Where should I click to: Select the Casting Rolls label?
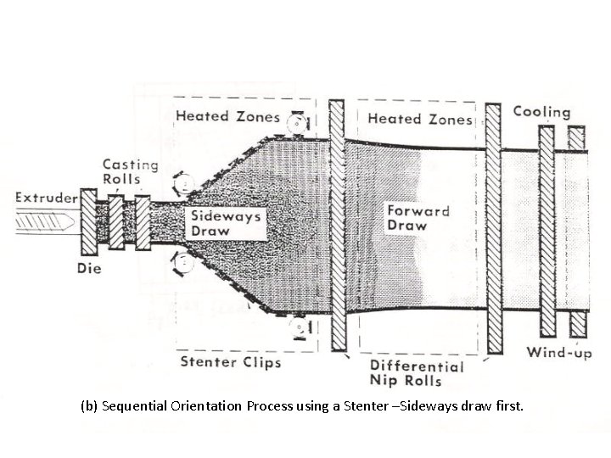click(x=130, y=171)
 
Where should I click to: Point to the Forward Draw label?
click(x=418, y=217)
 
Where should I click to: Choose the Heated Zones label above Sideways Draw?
click(x=227, y=116)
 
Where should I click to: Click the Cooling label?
click(x=541, y=112)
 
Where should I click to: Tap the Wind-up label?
click(x=558, y=353)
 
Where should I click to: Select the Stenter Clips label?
click(x=231, y=363)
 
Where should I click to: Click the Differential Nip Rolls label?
click(x=417, y=373)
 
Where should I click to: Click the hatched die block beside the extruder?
click(x=88, y=223)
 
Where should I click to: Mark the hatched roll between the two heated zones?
click(x=336, y=229)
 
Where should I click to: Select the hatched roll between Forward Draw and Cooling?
click(x=492, y=229)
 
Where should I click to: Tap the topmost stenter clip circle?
click(x=294, y=125)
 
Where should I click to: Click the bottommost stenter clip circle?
click(x=298, y=328)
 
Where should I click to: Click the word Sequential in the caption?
click(x=143, y=407)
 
